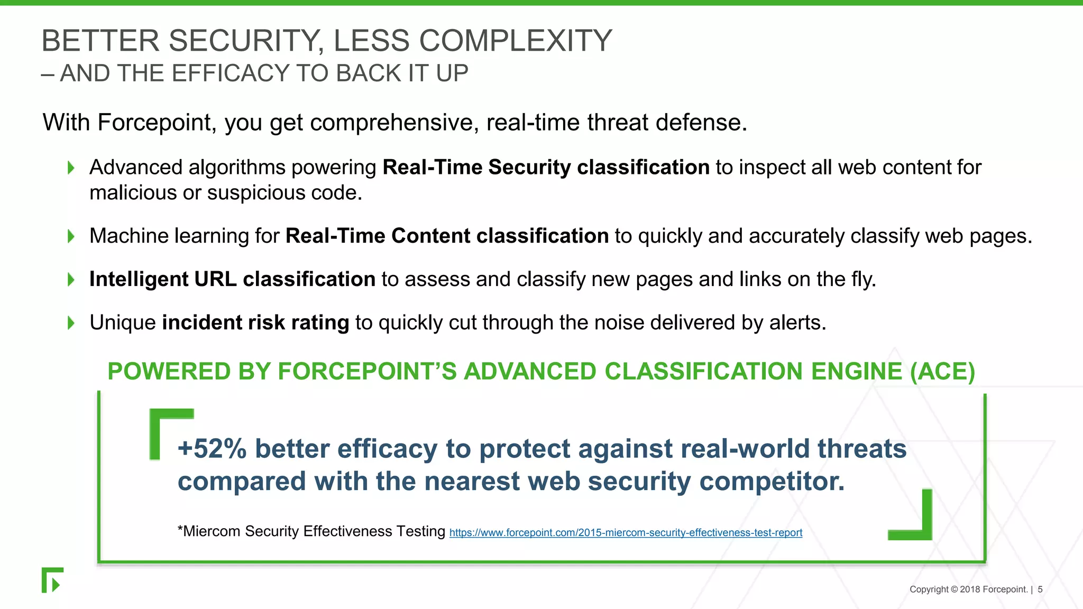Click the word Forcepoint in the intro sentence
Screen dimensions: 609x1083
(154, 123)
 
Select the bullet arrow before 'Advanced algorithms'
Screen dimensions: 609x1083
(71, 168)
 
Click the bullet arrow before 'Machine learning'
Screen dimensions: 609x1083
(71, 236)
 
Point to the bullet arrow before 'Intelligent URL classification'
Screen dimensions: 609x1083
(71, 280)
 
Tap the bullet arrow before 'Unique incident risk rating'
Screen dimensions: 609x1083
(71, 323)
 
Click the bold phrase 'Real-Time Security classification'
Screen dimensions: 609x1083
(545, 168)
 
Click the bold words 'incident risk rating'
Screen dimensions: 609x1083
(255, 323)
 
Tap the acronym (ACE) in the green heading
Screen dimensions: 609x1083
(942, 372)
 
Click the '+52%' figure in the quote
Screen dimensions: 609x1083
(212, 449)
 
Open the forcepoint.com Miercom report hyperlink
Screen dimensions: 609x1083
(626, 533)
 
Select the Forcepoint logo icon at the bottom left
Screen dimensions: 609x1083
(52, 580)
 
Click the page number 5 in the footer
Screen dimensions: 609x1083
(1040, 589)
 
